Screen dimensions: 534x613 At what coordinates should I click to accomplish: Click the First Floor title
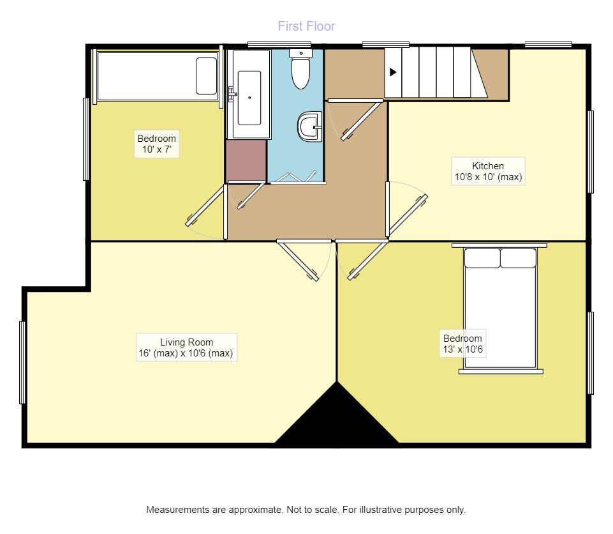306,26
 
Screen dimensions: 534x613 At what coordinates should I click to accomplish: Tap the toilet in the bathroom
300,70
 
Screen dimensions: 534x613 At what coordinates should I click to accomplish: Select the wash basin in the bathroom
310,126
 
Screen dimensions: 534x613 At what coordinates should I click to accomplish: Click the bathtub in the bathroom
249,97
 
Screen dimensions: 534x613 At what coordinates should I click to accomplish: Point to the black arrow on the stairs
393,72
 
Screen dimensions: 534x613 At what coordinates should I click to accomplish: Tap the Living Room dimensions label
186,347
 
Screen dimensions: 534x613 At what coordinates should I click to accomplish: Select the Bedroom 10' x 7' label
156,145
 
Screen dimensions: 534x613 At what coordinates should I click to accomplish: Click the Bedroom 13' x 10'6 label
463,344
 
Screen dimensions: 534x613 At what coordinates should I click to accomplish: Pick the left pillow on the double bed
482,258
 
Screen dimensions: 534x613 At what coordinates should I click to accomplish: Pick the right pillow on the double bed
518,258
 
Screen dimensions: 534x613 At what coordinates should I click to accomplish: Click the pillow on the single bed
206,76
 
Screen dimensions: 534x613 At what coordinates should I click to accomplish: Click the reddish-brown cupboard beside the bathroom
246,160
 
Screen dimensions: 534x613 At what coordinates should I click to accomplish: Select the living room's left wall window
22,362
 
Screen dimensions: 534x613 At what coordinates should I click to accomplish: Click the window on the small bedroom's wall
85,139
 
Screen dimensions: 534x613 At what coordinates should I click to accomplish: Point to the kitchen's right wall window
591,151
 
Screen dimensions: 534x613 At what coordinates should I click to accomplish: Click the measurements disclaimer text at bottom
306,510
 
